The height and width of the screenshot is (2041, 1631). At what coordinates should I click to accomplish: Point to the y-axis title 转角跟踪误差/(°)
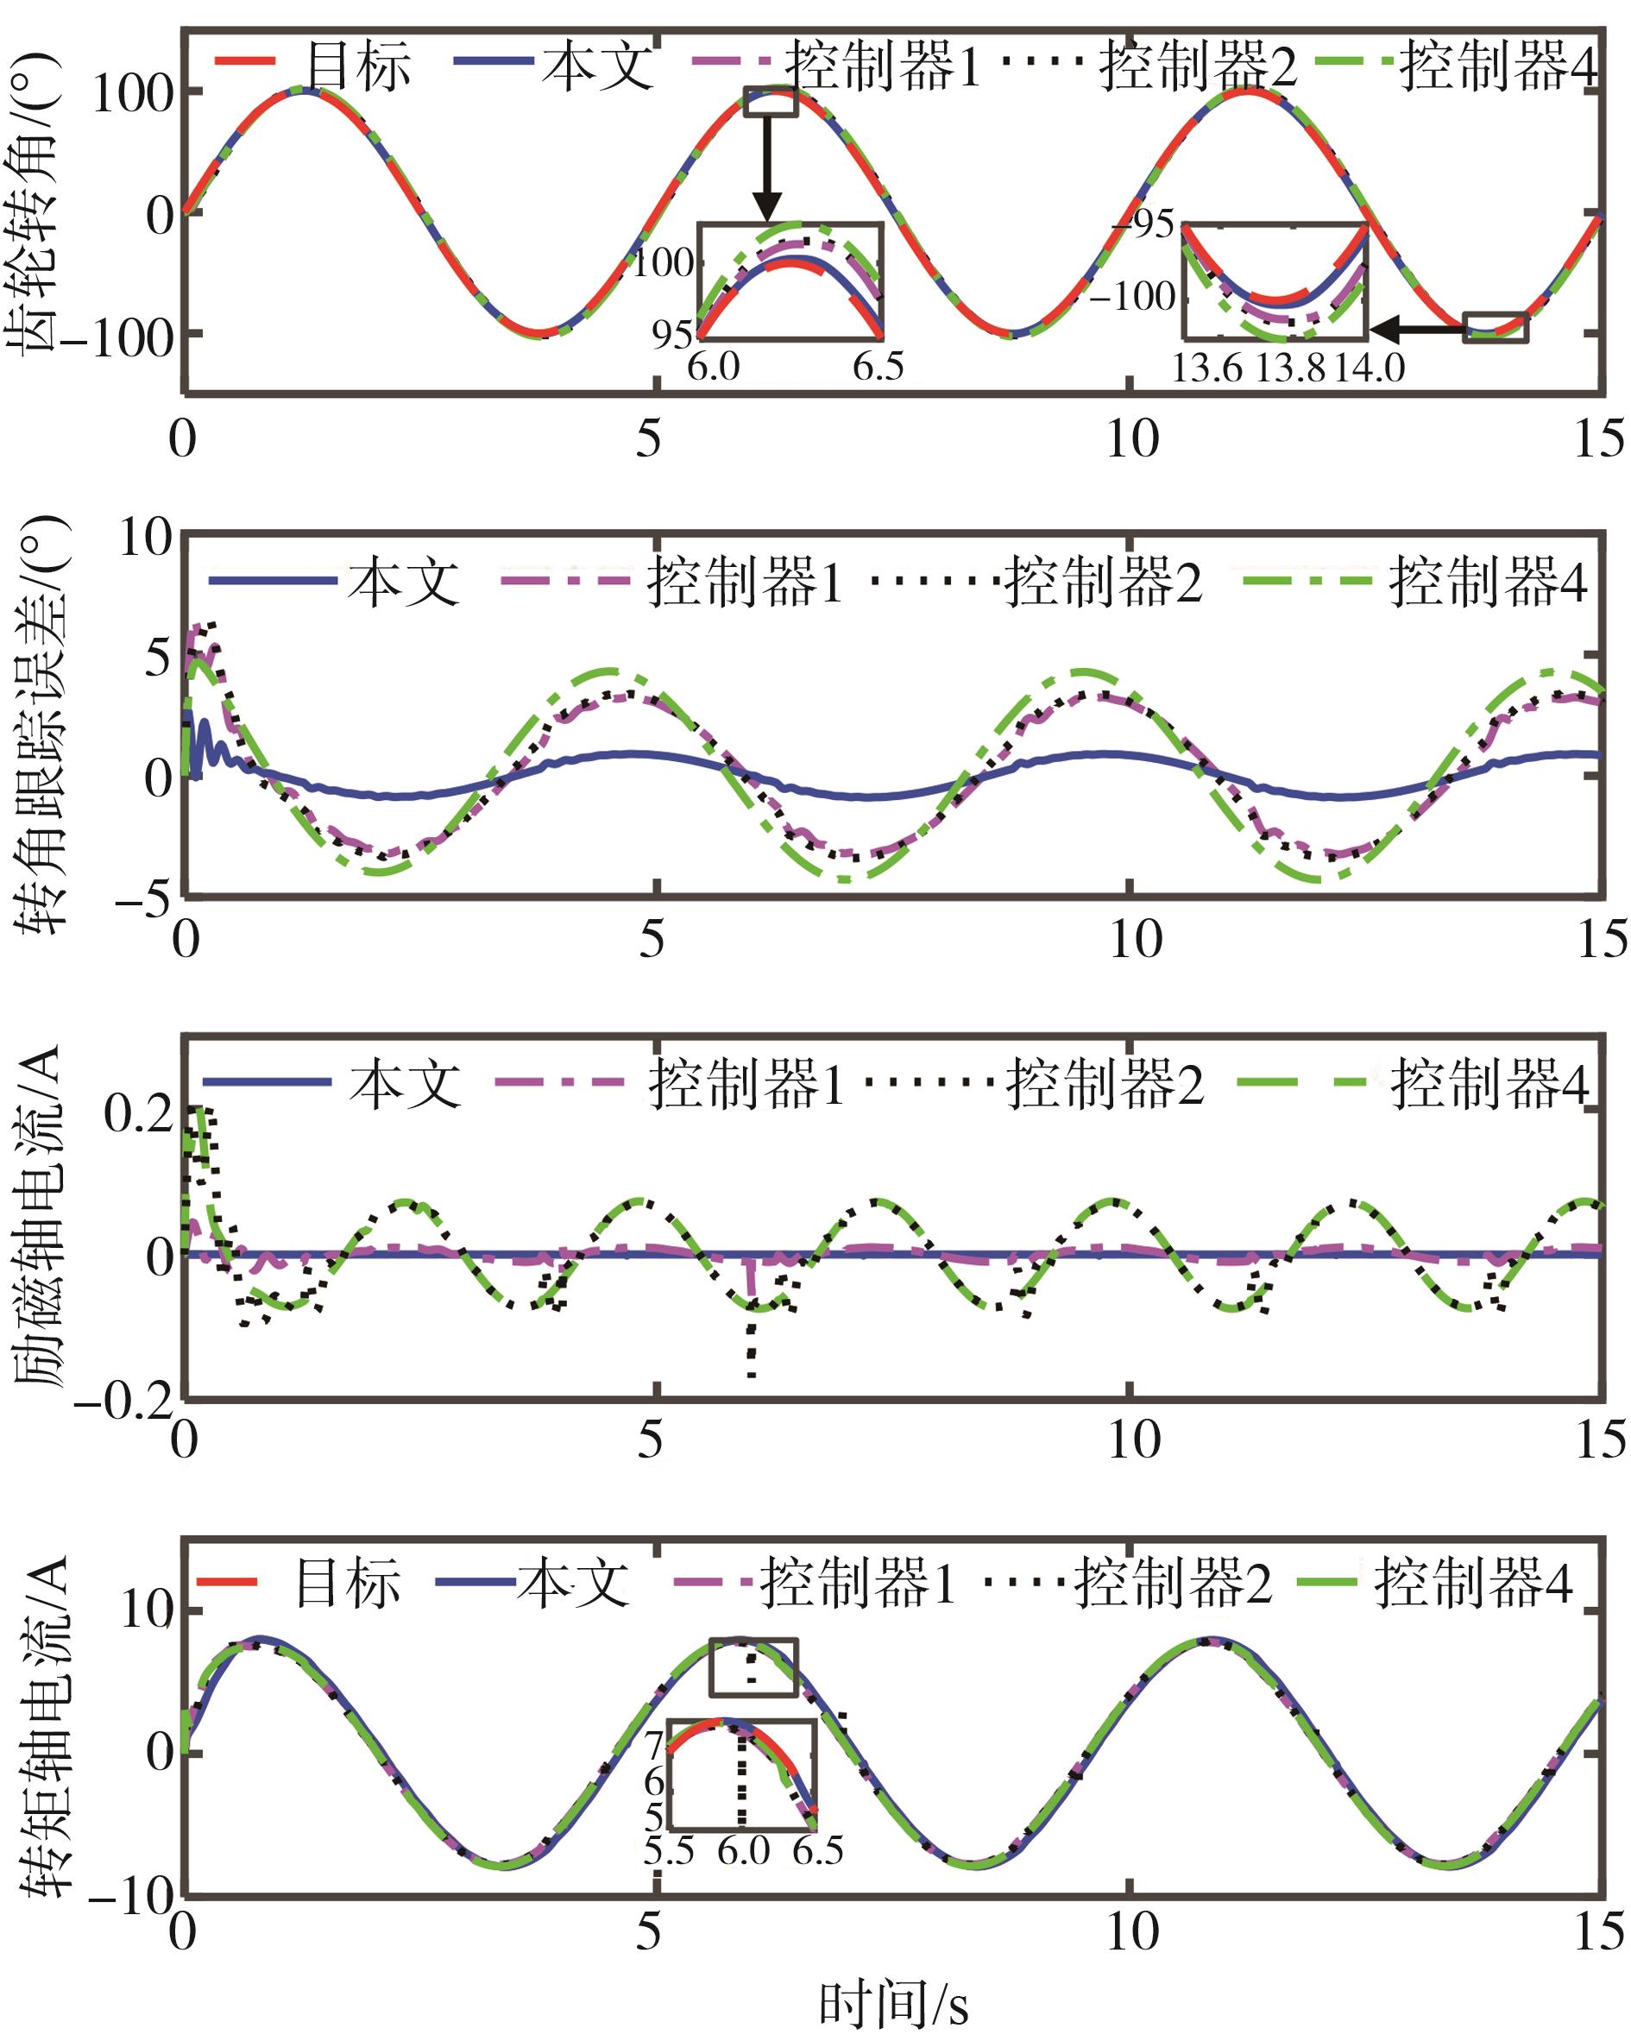[38, 723]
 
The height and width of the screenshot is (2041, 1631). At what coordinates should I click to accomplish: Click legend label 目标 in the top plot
[358, 66]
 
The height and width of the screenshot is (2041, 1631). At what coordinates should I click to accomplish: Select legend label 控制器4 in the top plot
[1497, 66]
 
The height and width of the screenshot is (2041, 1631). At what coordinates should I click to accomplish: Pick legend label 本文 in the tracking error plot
[403, 583]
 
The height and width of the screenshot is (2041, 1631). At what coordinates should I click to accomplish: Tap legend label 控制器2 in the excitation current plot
[1104, 1084]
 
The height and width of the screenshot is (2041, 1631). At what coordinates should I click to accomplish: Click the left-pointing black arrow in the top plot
[1415, 330]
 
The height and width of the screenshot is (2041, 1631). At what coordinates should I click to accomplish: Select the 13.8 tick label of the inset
[1289, 369]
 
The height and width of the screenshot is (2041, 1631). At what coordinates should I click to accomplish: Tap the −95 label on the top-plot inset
[1143, 224]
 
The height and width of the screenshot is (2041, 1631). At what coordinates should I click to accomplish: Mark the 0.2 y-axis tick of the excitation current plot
[139, 1115]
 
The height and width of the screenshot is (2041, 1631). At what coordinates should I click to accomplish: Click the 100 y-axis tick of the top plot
[133, 95]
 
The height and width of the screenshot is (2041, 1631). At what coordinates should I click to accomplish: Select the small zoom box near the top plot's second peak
[771, 101]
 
